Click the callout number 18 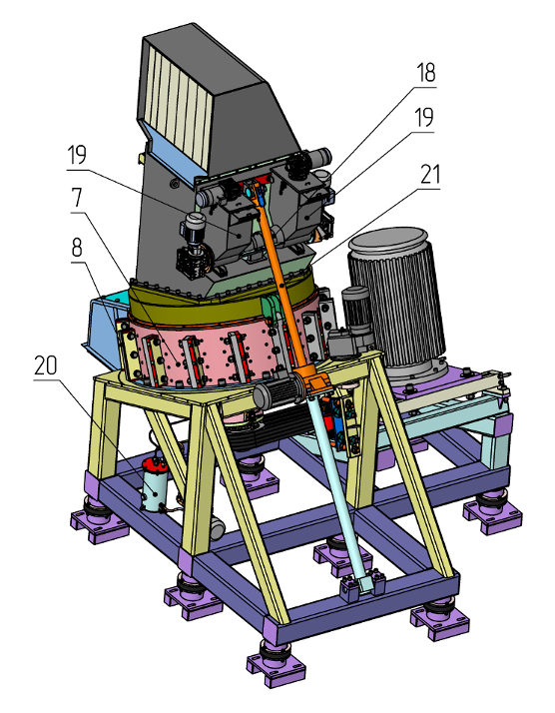pyautogui.click(x=426, y=73)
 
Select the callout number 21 pyautogui.click(x=429, y=175)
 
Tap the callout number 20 pyautogui.click(x=46, y=365)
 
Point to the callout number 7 pyautogui.click(x=77, y=198)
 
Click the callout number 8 pyautogui.click(x=77, y=249)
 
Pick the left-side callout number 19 pyautogui.click(x=77, y=156)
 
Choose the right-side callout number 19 pyautogui.click(x=423, y=118)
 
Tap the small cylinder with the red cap pyautogui.click(x=154, y=484)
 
